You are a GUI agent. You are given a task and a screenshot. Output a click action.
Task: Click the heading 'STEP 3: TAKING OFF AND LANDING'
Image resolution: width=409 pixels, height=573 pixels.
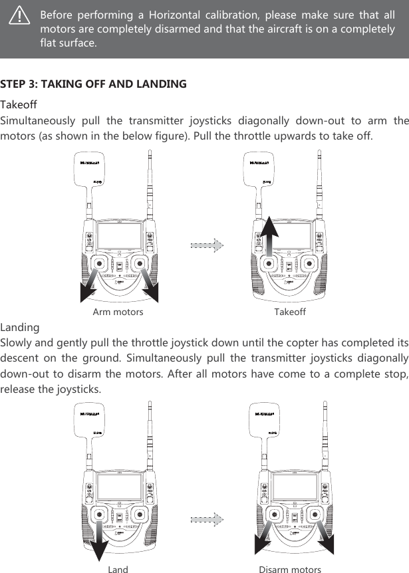coord(94,84)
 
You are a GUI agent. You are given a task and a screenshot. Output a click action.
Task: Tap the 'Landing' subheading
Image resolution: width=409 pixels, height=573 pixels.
coord(20,328)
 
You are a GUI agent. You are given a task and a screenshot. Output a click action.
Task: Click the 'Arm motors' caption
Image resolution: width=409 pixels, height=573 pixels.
coord(118,311)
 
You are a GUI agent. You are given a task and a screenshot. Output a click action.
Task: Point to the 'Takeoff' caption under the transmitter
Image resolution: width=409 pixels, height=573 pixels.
coord(290,311)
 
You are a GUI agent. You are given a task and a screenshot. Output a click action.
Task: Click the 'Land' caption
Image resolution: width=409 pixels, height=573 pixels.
coord(118,569)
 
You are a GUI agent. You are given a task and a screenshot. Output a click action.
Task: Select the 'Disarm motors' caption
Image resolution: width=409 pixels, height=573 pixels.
coord(290,569)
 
